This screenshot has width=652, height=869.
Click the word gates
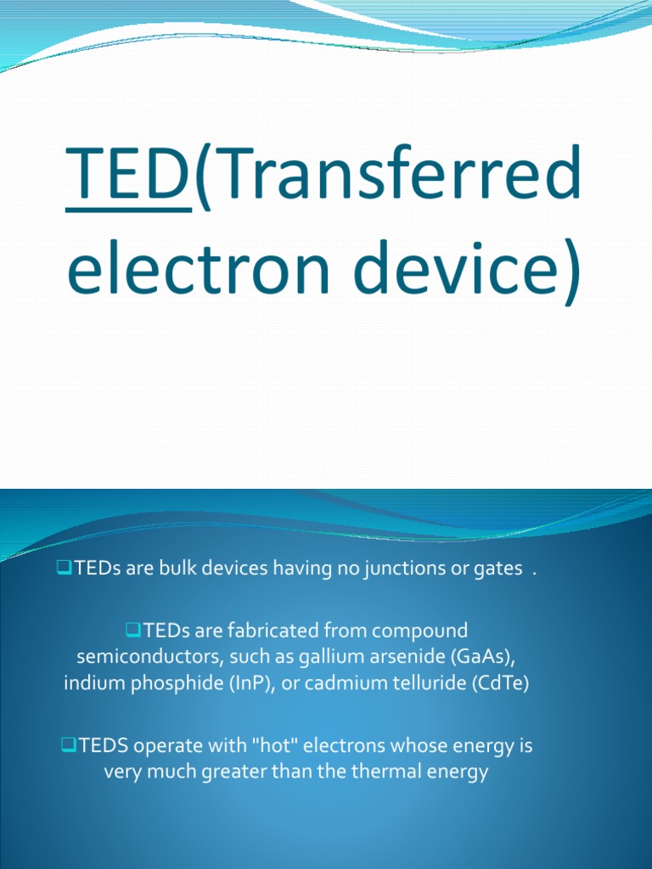pos(497,569)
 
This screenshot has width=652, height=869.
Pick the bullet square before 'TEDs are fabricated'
pos(132,630)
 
